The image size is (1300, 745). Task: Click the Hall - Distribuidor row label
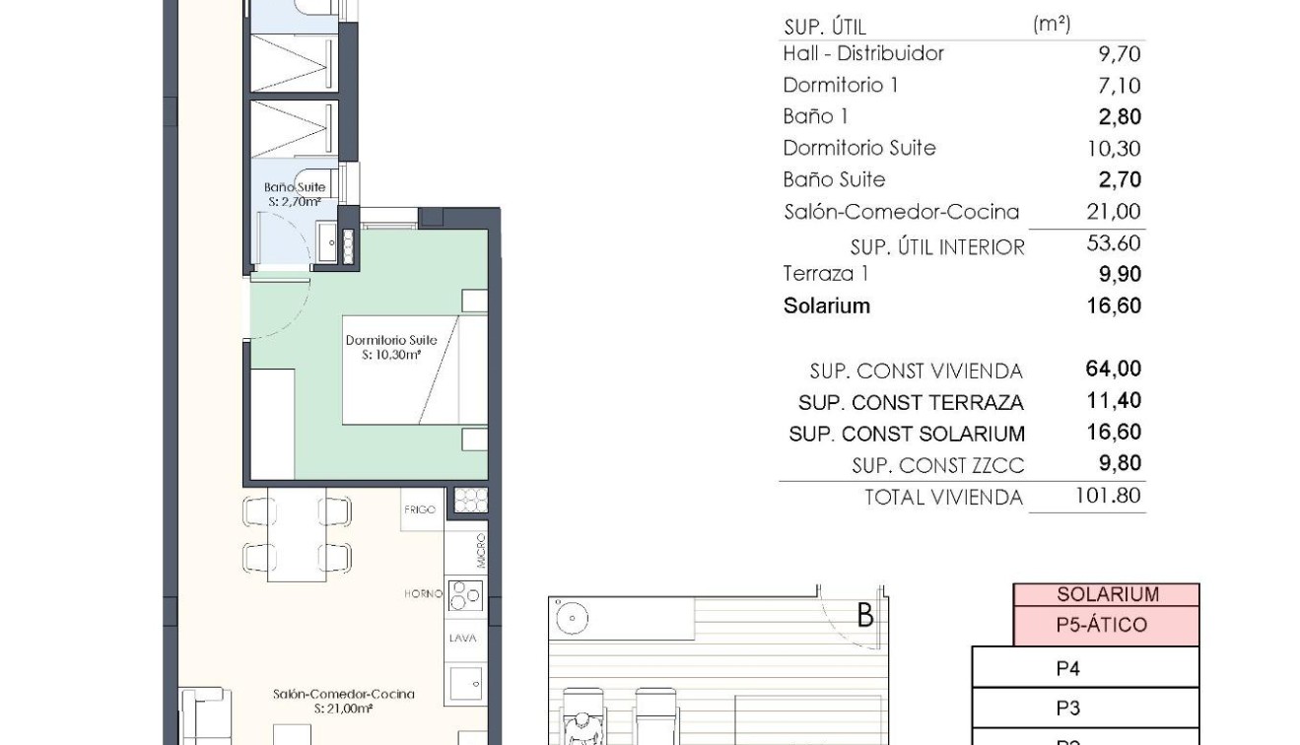863,53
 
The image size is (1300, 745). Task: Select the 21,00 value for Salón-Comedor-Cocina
1113,211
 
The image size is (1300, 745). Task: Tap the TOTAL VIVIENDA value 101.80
1108,496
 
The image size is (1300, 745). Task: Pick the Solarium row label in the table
826,305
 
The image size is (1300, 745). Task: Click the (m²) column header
1052,25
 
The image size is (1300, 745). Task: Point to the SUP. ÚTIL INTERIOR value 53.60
1113,243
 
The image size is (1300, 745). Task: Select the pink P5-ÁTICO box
1106,625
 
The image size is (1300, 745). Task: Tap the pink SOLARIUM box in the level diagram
1106,594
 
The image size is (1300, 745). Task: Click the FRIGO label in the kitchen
420,509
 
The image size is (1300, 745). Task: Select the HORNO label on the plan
422,594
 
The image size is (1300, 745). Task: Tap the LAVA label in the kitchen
462,639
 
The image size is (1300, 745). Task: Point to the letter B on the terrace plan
865,615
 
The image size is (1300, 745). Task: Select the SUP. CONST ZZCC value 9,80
1120,464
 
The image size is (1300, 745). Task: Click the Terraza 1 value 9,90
1120,274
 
